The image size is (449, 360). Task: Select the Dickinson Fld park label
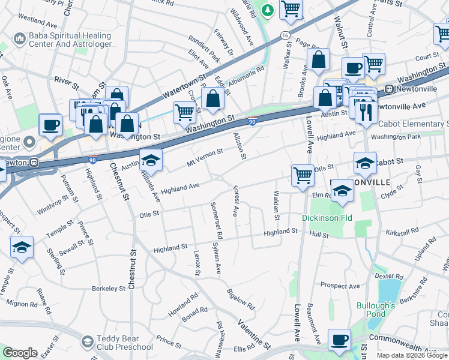tap(327, 218)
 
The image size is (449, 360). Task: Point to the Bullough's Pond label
tap(376, 310)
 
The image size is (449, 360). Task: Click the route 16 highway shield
tap(285, 36)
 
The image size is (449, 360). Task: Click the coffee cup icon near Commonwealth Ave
tap(339, 339)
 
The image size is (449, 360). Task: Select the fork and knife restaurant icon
tap(365, 112)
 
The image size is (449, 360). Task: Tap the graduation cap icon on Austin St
tap(151, 159)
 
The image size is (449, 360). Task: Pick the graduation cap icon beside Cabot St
tap(365, 162)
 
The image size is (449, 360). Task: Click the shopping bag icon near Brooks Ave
tap(318, 59)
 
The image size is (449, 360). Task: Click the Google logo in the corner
tap(20, 353)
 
